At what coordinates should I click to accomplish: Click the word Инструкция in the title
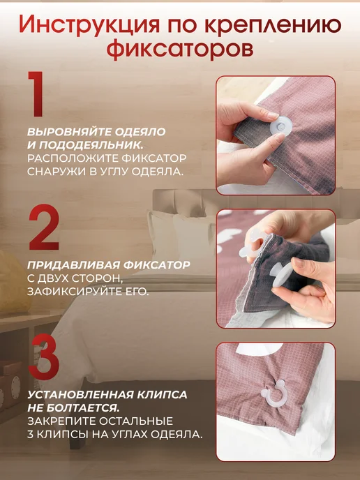click(89, 25)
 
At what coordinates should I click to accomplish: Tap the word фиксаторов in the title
click(180, 49)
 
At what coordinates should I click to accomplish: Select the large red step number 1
click(36, 93)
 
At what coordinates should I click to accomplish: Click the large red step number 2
click(44, 227)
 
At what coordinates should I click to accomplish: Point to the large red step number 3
click(44, 357)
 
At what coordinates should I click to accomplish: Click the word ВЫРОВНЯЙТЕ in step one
click(69, 132)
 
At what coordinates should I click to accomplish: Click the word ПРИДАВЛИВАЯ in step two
click(73, 265)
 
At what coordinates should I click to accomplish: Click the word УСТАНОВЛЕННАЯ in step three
click(80, 395)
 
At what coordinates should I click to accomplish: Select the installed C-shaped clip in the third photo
click(273, 394)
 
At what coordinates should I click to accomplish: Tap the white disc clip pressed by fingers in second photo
click(280, 275)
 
